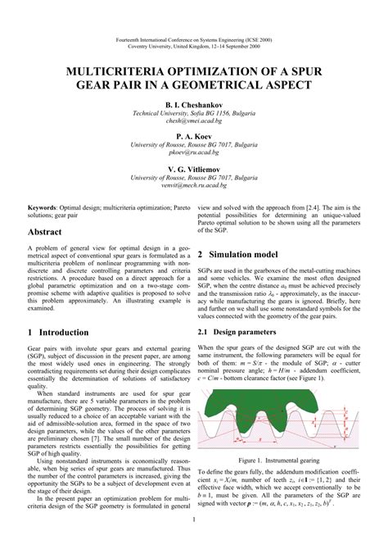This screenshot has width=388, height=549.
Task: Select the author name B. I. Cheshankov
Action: [x=193, y=106]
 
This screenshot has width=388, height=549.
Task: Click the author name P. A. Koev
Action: [x=193, y=137]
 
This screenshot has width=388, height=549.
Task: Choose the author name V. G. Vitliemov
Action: [x=193, y=168]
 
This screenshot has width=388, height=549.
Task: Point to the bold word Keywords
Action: [x=47, y=209]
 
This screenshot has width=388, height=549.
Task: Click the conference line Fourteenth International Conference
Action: [x=193, y=39]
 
